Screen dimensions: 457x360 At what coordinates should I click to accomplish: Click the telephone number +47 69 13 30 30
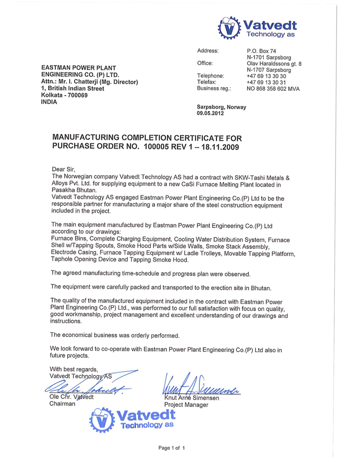coord(266,76)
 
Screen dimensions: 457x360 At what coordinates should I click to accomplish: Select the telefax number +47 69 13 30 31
coord(266,82)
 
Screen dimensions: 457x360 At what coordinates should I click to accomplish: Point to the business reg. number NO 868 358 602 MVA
coord(273,89)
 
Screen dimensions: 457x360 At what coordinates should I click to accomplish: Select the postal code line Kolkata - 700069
coord(65,95)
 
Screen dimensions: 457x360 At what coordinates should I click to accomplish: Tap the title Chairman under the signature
coord(62,404)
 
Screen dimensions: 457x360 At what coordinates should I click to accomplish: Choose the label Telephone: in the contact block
coord(211,76)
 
